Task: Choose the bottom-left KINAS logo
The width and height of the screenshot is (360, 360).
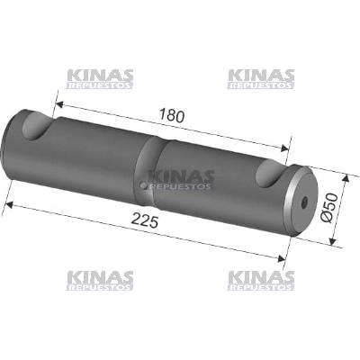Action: point(99,281)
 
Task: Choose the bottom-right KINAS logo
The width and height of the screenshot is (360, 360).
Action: point(261,281)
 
